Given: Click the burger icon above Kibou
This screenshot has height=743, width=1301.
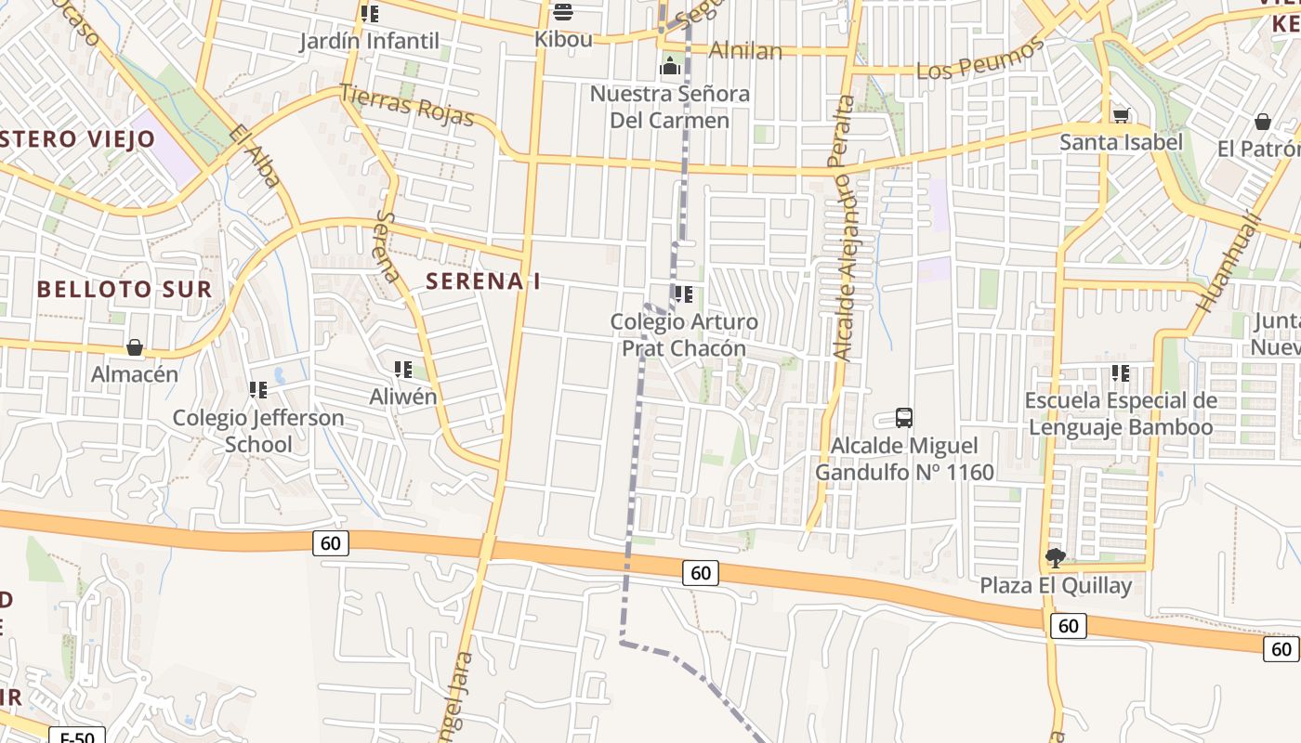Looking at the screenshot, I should coord(562,12).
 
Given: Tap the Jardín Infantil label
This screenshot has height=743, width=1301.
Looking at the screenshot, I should coord(369,42).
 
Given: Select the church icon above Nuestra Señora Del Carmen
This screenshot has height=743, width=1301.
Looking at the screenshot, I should coord(669,66).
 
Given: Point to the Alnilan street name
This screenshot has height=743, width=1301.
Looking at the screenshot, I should coord(745,50).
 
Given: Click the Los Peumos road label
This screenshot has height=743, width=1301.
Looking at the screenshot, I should coord(980,59).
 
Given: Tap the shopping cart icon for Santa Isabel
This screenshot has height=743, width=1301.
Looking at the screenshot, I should coord(1121,116).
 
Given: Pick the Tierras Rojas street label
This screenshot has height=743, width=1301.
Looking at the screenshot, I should coord(407,104).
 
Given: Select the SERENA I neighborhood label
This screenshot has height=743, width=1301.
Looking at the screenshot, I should coord(482,281).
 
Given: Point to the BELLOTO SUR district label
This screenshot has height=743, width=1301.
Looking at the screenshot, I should coord(125,289).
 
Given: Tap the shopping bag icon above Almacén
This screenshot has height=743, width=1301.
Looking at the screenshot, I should coord(135,347).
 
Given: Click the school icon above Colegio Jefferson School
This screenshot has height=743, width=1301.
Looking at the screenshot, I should coord(257,390).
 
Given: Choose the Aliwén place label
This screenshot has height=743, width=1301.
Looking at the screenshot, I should coord(403,397).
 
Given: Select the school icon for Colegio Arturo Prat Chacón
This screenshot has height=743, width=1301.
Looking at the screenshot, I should coord(684,295).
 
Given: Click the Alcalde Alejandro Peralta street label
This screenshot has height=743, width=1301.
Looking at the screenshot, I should coord(844,228).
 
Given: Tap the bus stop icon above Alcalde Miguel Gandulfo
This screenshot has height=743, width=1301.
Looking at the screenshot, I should coord(903,418).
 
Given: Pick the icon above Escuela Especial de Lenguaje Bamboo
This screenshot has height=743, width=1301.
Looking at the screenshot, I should coord(1121,373).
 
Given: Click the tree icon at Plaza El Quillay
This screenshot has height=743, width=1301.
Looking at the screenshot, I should coord(1055,558).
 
